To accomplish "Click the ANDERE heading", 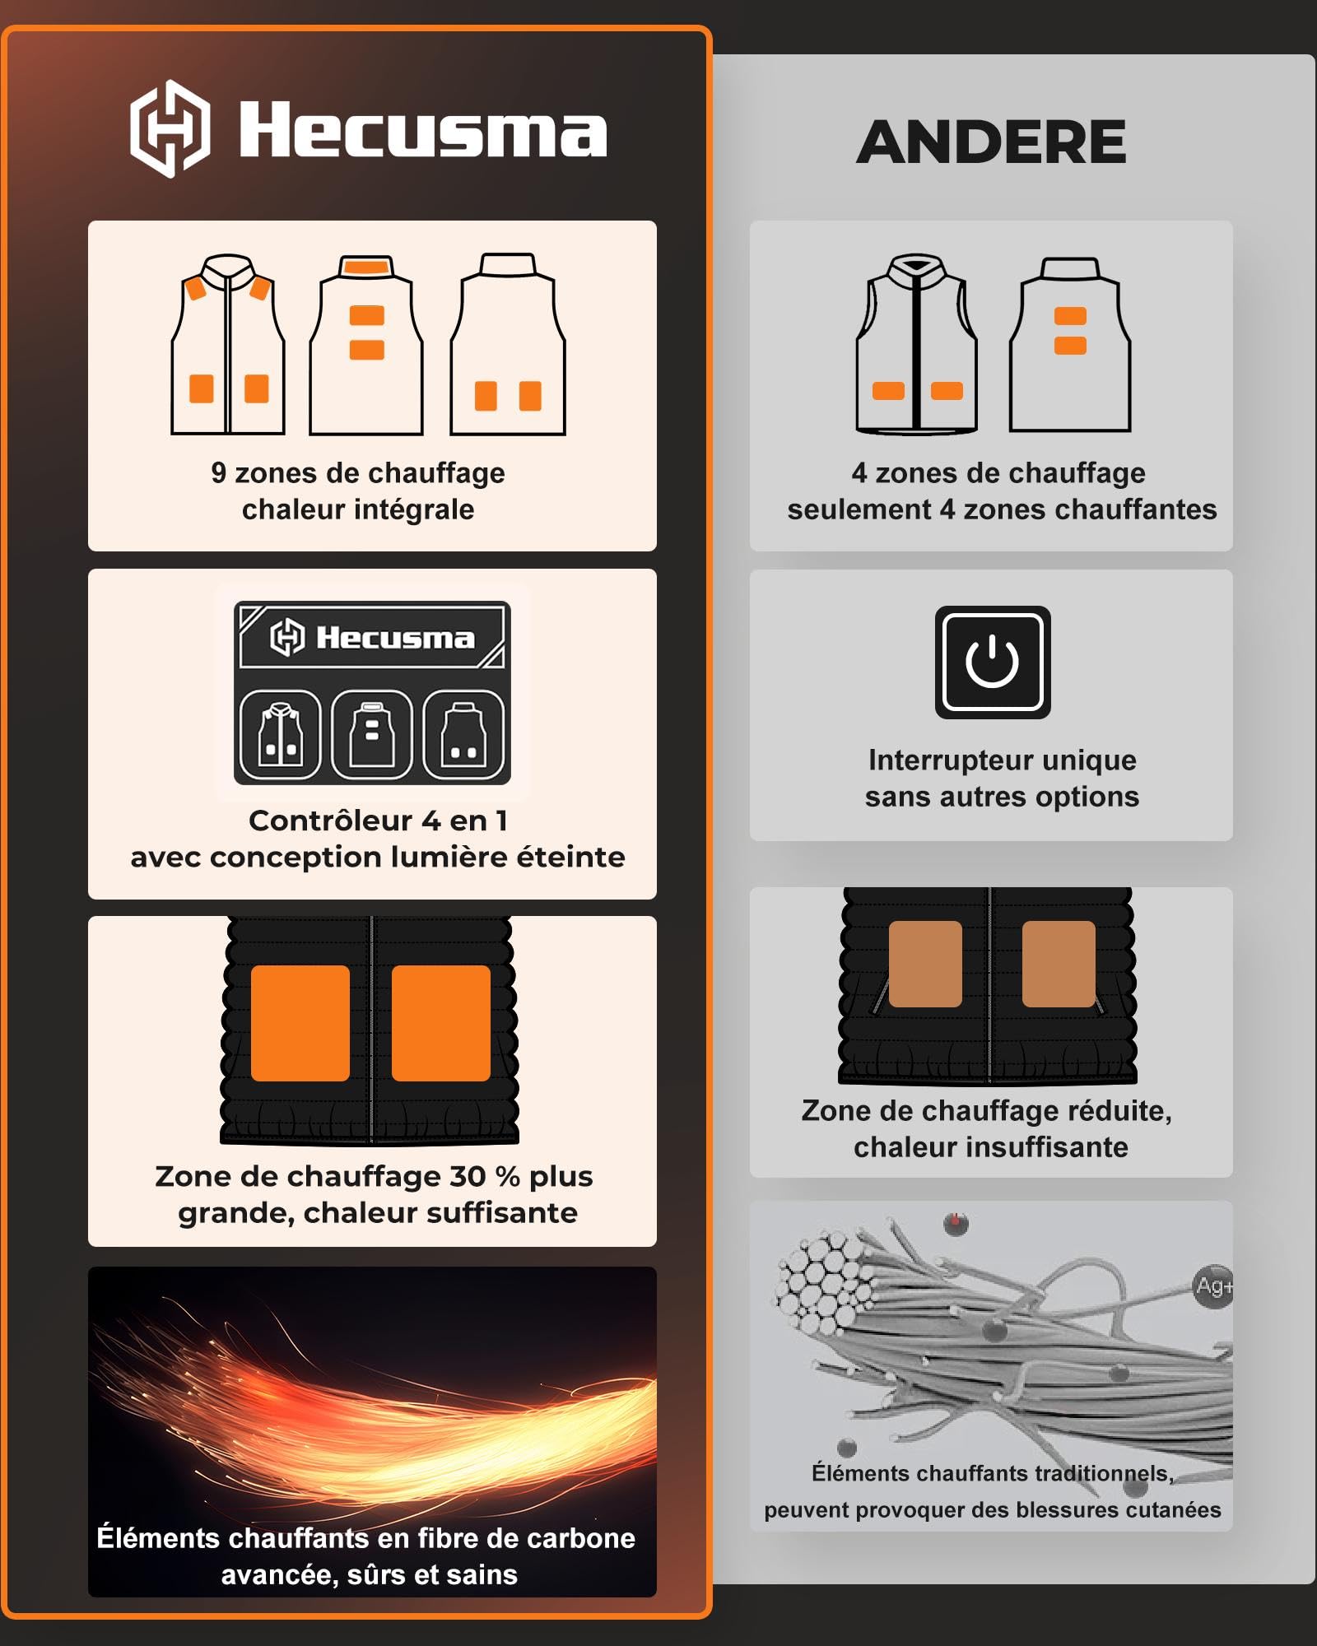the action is [991, 142].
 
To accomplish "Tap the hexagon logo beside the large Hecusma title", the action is [170, 128].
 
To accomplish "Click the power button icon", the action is [993, 663].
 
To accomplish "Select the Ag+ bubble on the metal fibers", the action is [1213, 1286].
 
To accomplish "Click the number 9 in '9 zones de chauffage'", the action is [218, 472].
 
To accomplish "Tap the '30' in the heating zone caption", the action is [468, 1176].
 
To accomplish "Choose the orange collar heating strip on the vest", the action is [366, 266].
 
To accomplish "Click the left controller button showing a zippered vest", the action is [280, 734].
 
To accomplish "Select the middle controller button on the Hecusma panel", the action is [371, 734].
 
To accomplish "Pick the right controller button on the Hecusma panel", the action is [463, 734].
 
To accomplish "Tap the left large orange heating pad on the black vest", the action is [300, 1023].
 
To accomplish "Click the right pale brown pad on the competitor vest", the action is [1059, 964].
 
